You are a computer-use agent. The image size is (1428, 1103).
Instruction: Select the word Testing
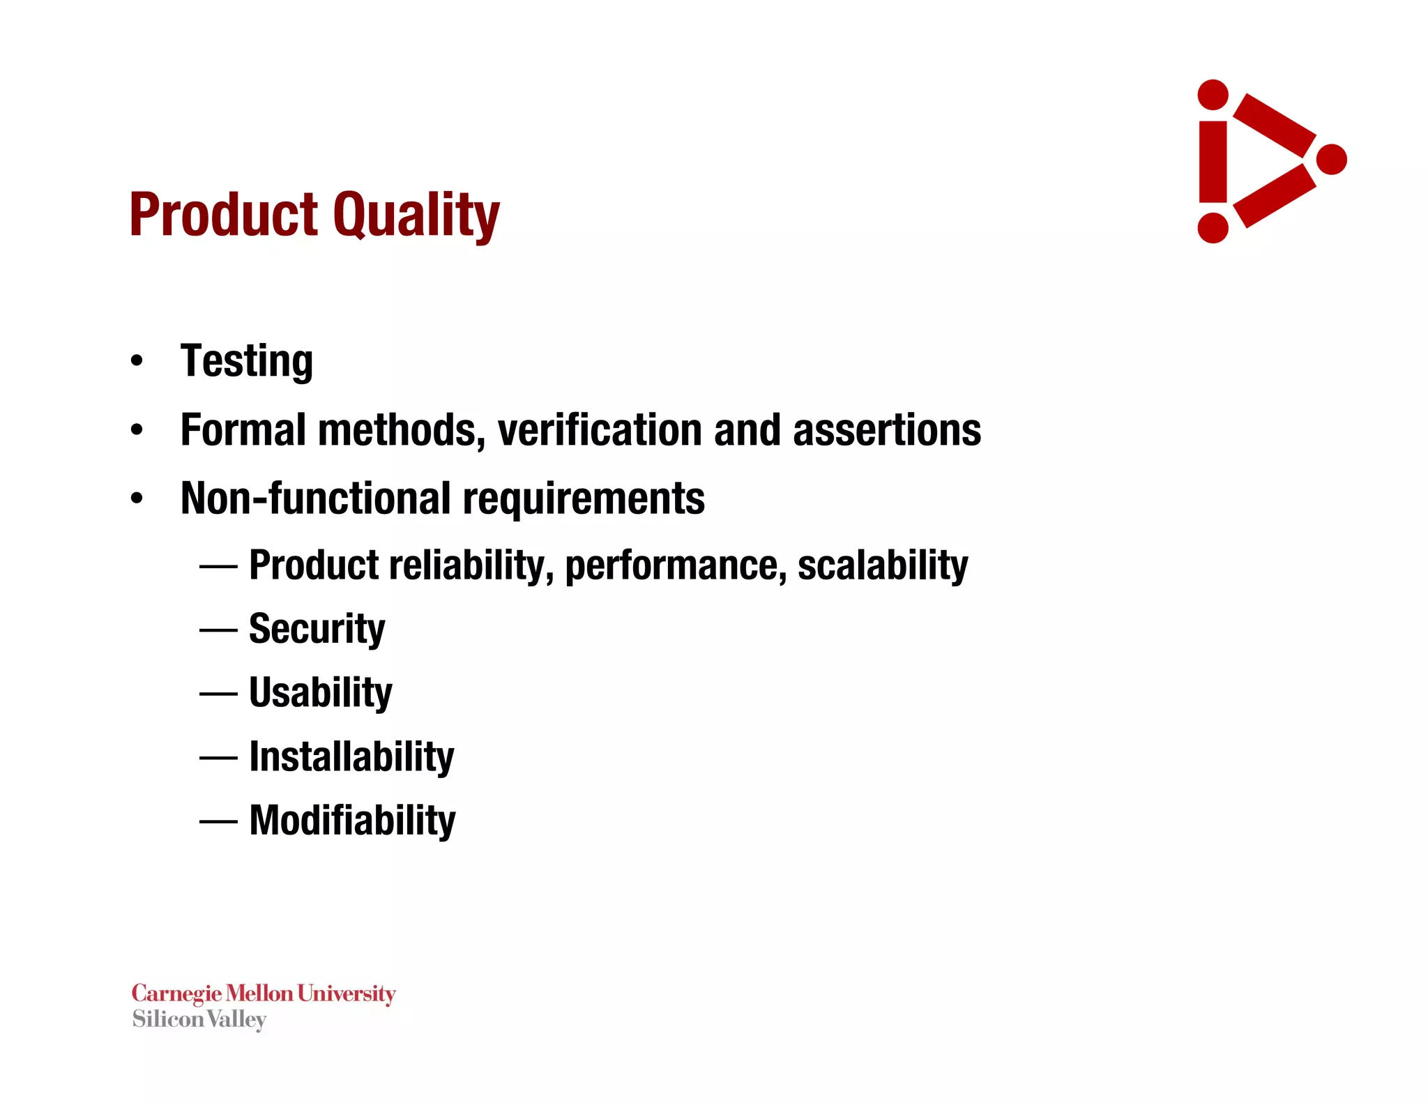(x=246, y=361)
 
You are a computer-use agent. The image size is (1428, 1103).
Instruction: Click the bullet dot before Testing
(x=137, y=361)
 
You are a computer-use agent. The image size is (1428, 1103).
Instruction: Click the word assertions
(x=887, y=429)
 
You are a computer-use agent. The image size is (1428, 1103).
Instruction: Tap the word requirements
(x=584, y=499)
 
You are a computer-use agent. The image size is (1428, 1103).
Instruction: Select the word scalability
(x=883, y=565)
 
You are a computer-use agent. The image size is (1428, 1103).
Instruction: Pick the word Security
(x=317, y=629)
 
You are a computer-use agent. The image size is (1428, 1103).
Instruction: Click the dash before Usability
(x=218, y=694)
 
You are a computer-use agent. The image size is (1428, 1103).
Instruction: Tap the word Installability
(x=351, y=756)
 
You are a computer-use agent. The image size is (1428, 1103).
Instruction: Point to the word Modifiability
(x=352, y=821)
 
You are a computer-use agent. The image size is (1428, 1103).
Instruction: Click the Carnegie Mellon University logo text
(x=264, y=994)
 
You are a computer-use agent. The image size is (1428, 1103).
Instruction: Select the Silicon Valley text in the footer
(x=199, y=1019)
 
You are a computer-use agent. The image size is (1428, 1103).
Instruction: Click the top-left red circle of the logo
(x=1213, y=95)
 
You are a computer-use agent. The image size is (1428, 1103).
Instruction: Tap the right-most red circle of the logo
(x=1331, y=160)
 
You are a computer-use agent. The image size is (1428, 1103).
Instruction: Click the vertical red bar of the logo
(x=1213, y=162)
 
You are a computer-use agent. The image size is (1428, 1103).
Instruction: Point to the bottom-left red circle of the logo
(x=1213, y=228)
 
